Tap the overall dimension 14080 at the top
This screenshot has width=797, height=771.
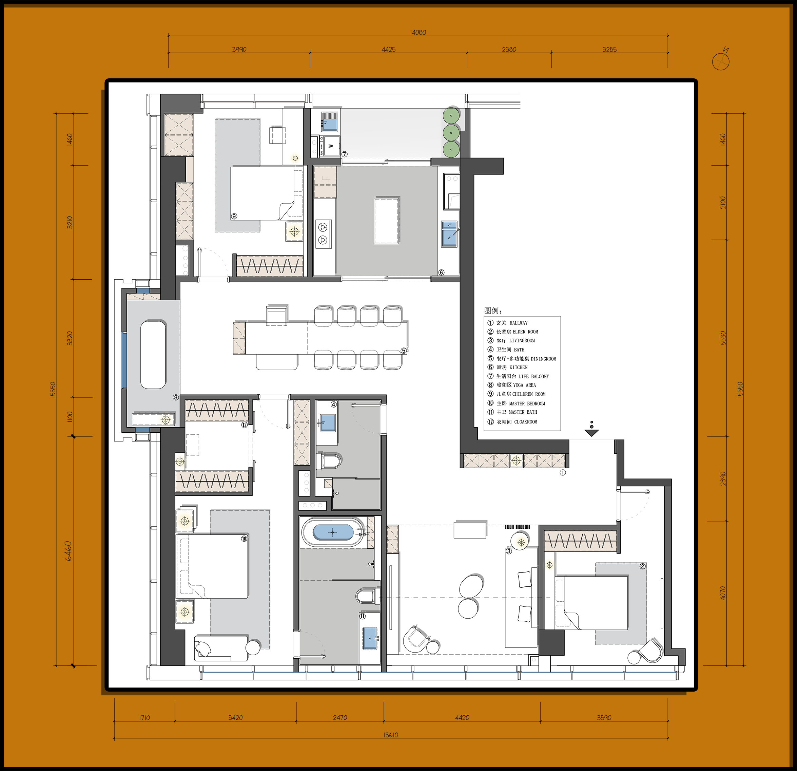(x=418, y=32)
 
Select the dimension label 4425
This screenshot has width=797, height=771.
(x=388, y=49)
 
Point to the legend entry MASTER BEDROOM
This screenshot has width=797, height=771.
(x=517, y=403)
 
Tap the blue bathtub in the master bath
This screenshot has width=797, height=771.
(x=333, y=532)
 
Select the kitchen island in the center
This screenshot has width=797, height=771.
(x=386, y=221)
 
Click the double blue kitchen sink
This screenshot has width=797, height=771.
(x=449, y=233)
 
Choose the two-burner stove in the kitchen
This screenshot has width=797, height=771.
(x=323, y=233)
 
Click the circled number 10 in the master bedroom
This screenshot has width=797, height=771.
(x=244, y=539)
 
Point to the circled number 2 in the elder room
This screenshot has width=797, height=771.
(x=642, y=566)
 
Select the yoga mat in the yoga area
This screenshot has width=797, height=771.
(x=153, y=355)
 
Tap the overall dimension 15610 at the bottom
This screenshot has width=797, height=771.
(x=391, y=735)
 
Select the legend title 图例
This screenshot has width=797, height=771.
(x=492, y=311)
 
